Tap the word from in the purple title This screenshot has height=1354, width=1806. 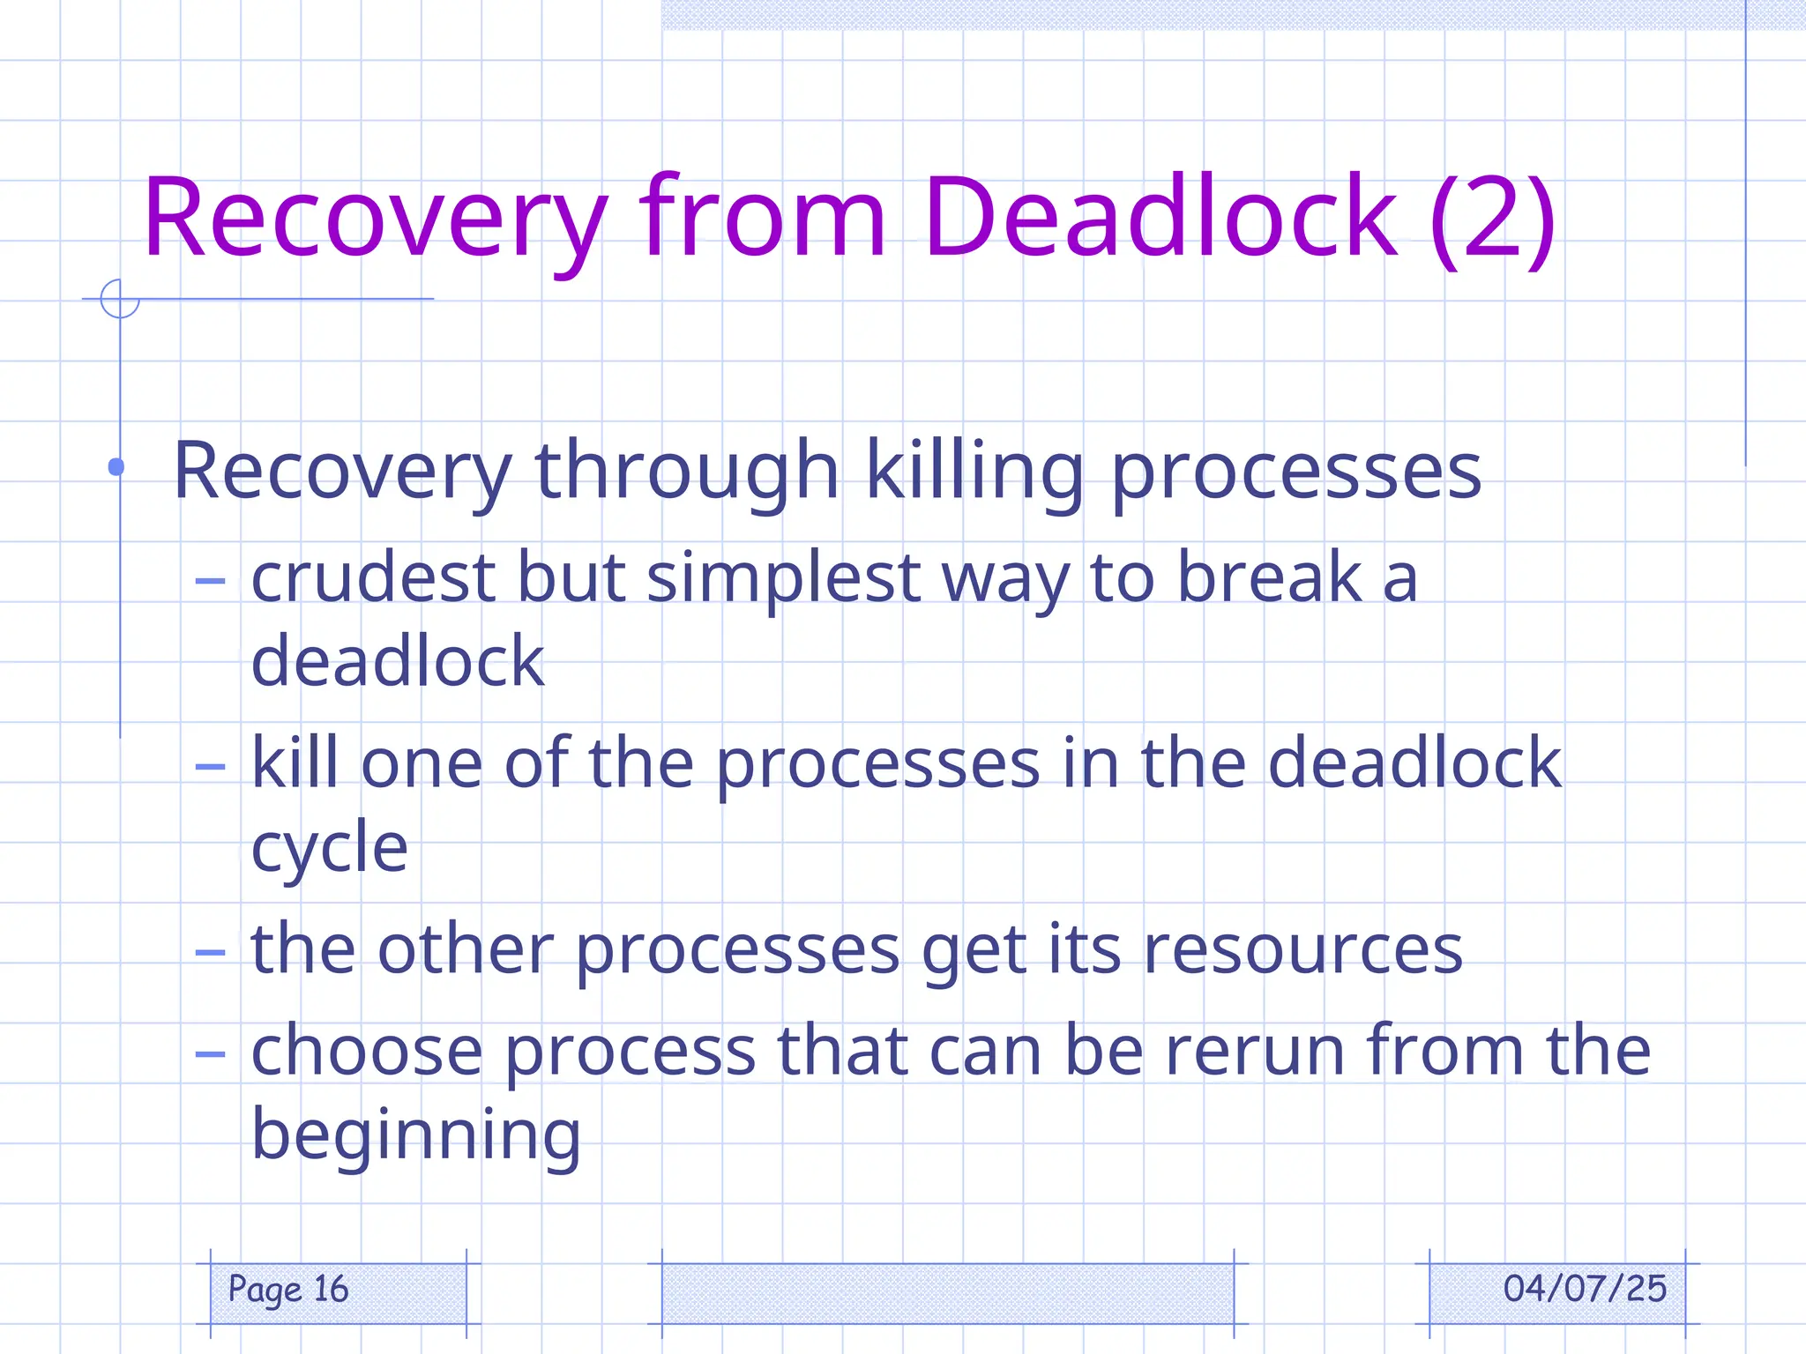(762, 218)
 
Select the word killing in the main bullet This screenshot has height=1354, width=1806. (974, 472)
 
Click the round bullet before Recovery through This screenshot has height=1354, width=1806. (116, 467)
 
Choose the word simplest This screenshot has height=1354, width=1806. (784, 579)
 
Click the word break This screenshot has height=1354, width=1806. (1270, 577)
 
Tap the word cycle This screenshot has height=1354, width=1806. (329, 849)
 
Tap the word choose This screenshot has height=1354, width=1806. (367, 1051)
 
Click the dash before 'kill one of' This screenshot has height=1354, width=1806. (210, 766)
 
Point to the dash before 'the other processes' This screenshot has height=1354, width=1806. (210, 952)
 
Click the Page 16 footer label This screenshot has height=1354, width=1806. (288, 1290)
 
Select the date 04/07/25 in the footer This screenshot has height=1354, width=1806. (1584, 1289)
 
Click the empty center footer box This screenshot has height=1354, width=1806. (947, 1292)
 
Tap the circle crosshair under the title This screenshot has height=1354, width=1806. (120, 299)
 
